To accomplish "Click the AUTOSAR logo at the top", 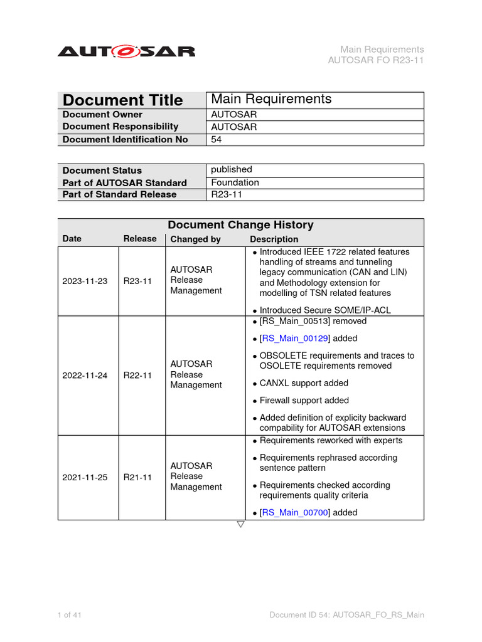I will (126, 51).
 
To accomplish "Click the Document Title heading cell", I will (123, 100).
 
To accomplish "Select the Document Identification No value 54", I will (217, 140).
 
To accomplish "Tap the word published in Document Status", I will (232, 170).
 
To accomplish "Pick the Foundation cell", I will (235, 182).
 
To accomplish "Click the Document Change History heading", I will (240, 225).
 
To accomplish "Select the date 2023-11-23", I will (85, 281).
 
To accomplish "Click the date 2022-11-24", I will (85, 375).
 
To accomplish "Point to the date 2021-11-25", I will (85, 477).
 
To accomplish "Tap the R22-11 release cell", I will (137, 375).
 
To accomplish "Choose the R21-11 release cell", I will (137, 477).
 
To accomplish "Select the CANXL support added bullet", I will (303, 383).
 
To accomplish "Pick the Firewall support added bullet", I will (304, 401).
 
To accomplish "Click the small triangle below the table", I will (240, 525).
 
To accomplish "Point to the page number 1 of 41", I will (70, 615).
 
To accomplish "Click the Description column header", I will (274, 239).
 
